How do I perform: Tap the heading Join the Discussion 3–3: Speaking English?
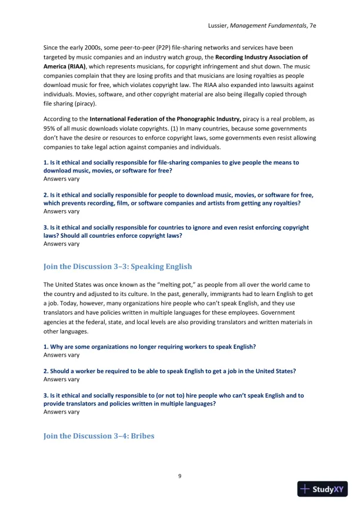point(118,267)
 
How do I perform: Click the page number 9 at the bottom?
point(180,475)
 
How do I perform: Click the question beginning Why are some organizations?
point(149,347)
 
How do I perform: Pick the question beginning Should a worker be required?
point(169,371)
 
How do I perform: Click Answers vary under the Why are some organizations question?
point(62,355)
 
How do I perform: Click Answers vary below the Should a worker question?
point(62,380)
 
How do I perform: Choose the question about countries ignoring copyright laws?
point(176,231)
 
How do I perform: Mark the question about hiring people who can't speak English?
point(174,400)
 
